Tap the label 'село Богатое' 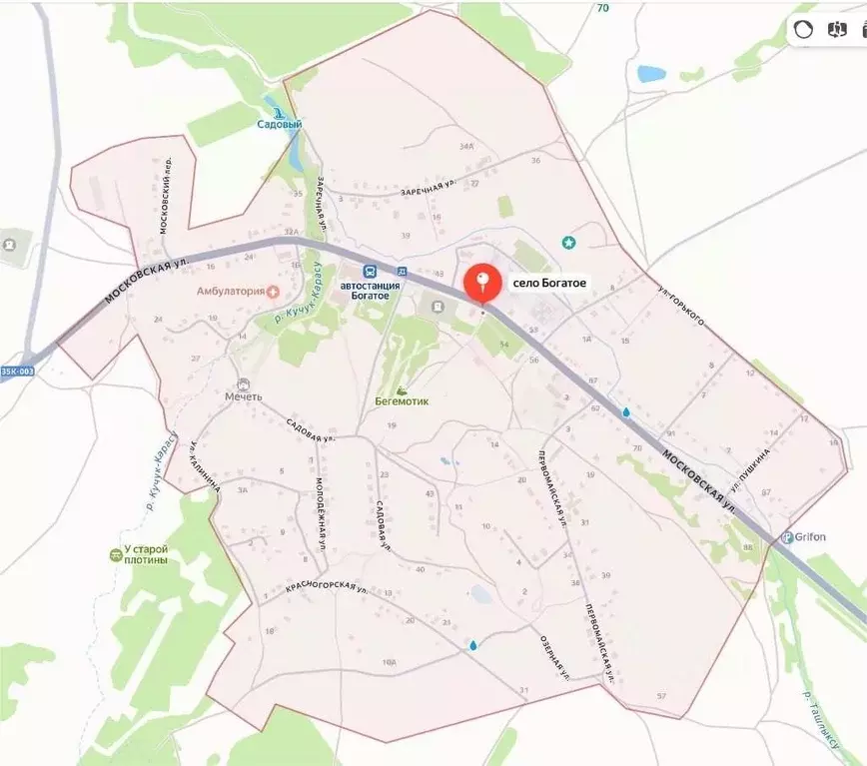tap(550, 284)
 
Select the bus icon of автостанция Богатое tap(370, 271)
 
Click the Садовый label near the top tap(279, 125)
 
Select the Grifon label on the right tap(810, 536)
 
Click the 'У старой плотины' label tap(139, 554)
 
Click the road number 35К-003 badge tap(16, 372)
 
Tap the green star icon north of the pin tap(568, 242)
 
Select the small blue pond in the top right tap(651, 73)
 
